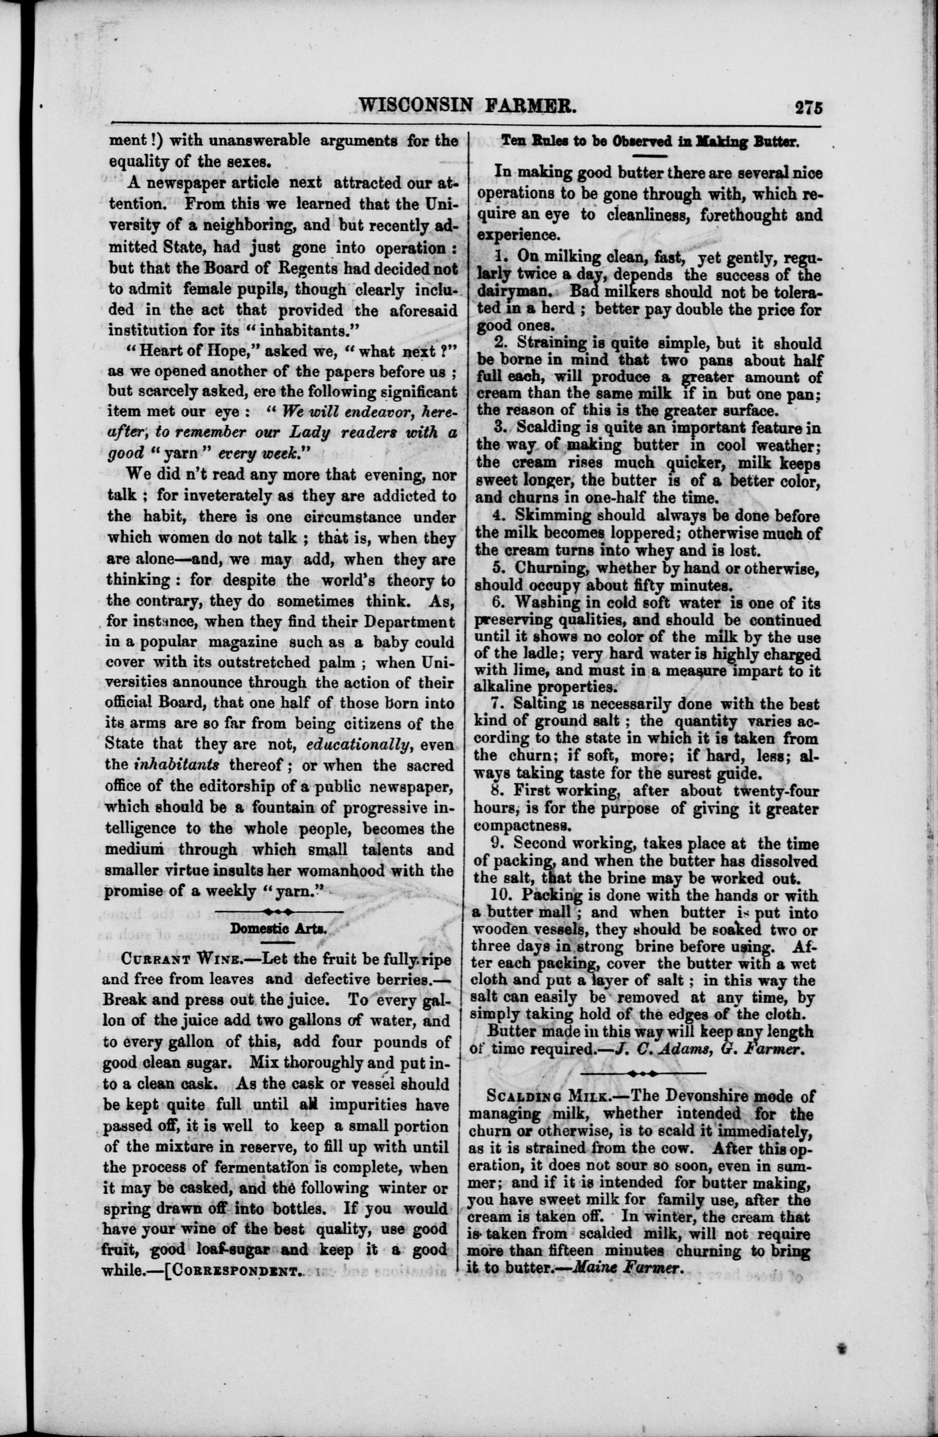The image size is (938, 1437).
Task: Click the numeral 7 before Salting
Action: click(499, 704)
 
